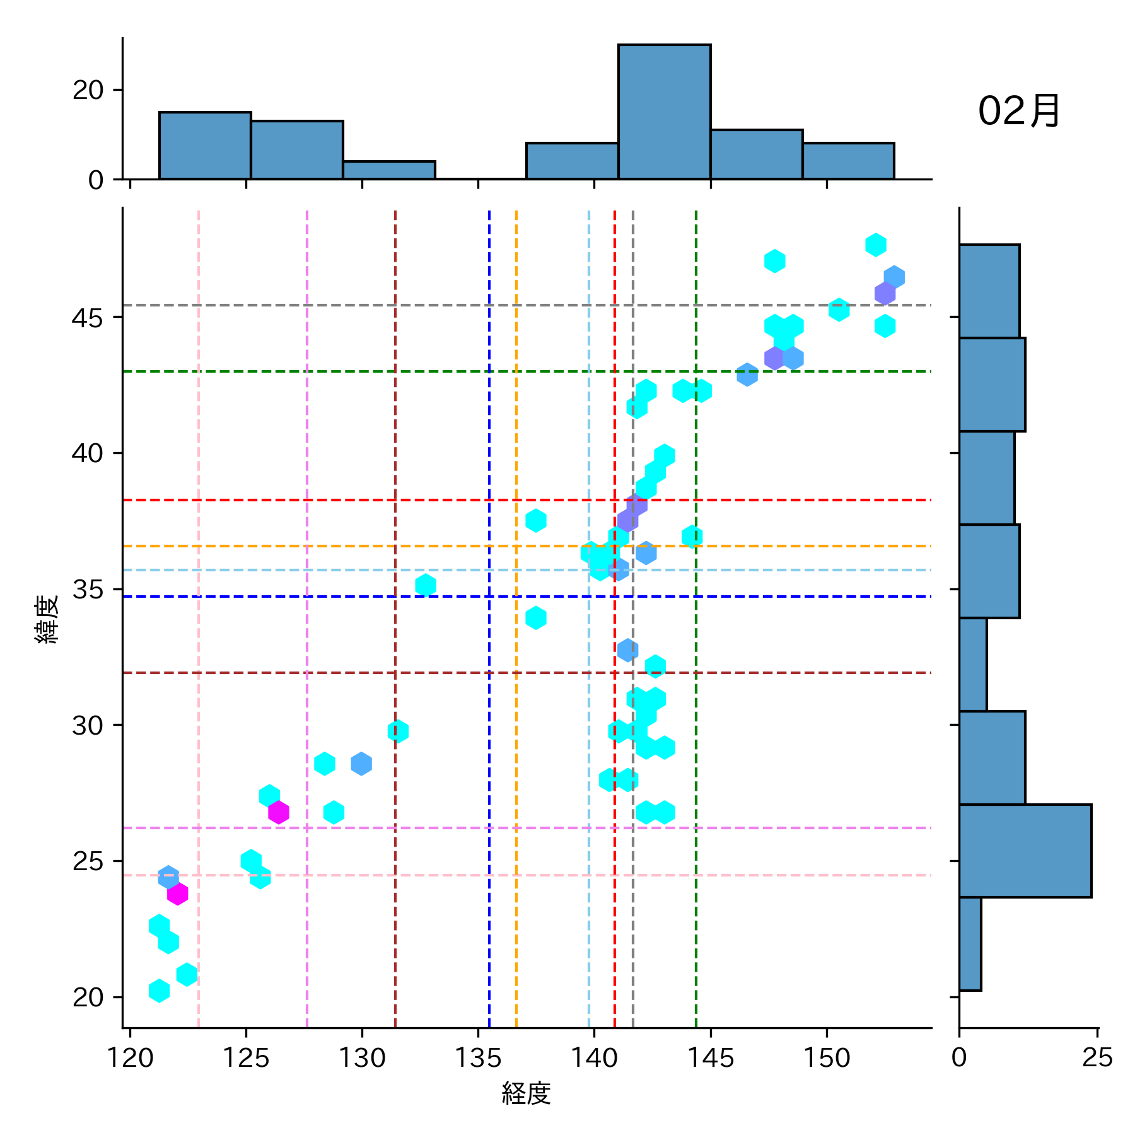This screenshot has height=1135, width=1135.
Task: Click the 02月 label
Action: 1018,112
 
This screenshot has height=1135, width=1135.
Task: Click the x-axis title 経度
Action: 527,1093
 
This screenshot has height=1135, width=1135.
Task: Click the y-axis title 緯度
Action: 48,619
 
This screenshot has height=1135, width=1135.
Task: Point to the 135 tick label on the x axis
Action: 478,1057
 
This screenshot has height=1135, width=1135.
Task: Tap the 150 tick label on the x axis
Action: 827,1057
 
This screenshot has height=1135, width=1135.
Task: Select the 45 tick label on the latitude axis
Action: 88,318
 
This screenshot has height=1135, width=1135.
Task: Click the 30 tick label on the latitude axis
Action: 88,726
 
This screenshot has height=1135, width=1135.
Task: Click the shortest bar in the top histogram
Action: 389,170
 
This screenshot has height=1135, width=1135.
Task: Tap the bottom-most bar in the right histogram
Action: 970,943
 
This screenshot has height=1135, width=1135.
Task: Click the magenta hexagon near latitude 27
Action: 278,812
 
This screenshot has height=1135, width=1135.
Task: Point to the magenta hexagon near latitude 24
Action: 177,893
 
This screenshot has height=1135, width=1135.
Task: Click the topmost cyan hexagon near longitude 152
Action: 875,245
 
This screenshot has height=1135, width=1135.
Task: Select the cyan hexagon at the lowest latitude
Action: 159,991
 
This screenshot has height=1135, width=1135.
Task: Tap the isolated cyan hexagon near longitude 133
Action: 426,585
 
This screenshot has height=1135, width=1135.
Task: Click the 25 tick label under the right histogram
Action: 1097,1057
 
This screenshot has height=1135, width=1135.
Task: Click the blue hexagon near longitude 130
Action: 361,764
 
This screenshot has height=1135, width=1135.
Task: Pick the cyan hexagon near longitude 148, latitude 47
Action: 774,260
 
